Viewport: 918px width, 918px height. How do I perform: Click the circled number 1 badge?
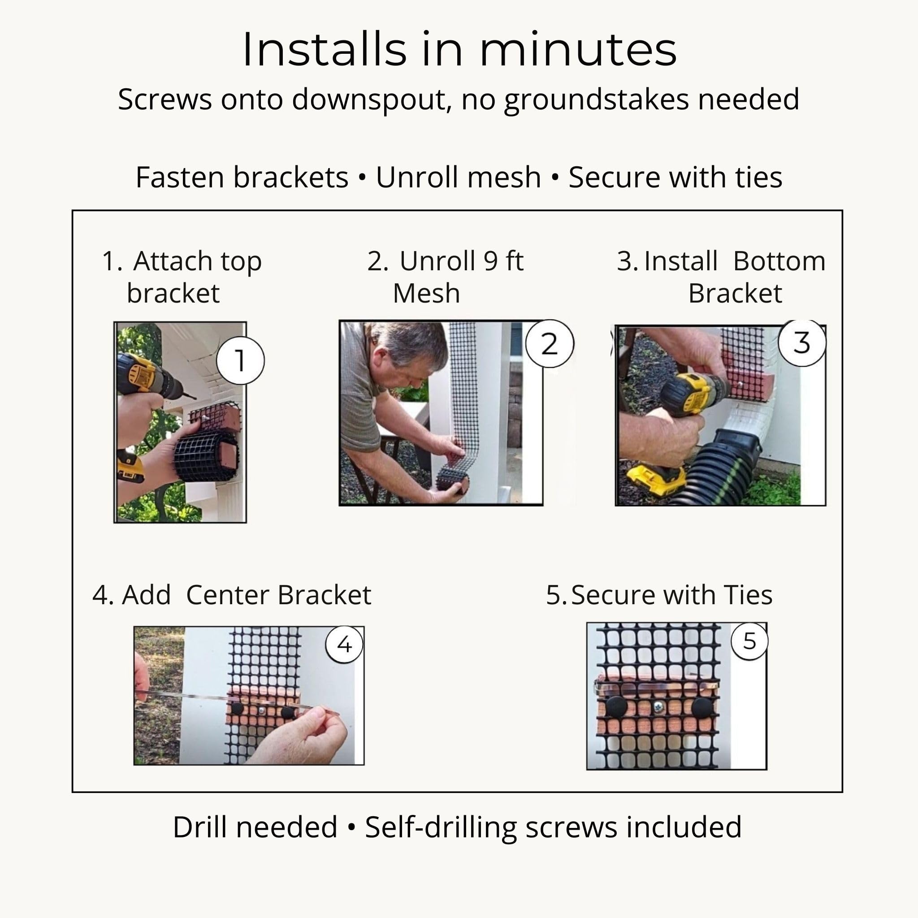point(240,360)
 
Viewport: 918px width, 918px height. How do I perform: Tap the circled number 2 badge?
point(550,343)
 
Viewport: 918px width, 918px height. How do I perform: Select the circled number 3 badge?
point(802,342)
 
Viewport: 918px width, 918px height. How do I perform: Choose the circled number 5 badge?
point(749,641)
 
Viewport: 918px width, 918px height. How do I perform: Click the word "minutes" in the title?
point(578,49)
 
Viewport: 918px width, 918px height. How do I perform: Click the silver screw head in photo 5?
point(658,707)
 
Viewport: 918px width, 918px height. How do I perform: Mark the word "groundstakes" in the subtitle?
point(596,101)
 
